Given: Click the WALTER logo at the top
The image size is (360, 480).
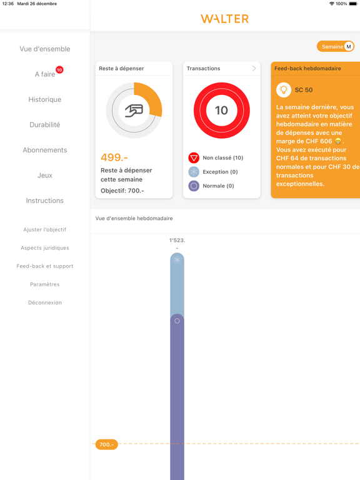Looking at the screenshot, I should click(x=224, y=19).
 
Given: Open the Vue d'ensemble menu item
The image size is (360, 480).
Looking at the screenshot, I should click(x=45, y=49).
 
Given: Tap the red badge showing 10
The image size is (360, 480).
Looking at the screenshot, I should click(x=59, y=70).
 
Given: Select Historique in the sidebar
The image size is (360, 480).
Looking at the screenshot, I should click(x=45, y=99).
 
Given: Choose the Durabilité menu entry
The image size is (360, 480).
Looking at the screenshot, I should click(x=45, y=125).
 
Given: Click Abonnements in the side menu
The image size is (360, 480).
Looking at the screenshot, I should click(x=45, y=150).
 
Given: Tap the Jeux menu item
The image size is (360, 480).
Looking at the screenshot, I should click(x=45, y=176).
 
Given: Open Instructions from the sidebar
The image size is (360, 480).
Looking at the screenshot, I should click(x=45, y=201).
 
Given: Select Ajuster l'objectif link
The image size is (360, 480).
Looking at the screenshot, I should click(x=45, y=229).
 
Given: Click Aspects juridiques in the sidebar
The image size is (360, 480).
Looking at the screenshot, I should click(x=45, y=247).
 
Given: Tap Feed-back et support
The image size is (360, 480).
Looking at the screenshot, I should click(x=45, y=266).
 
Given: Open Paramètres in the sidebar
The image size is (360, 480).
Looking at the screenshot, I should click(x=45, y=284).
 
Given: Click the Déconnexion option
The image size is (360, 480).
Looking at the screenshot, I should click(x=45, y=302).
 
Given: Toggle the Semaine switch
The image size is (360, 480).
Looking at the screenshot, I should click(x=336, y=46).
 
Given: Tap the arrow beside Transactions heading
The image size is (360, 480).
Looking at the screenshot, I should click(x=254, y=68).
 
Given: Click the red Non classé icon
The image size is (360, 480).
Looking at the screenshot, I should click(x=194, y=158).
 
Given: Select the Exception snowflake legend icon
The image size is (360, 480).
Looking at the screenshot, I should click(x=194, y=172).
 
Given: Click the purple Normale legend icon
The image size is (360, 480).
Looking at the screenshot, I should click(x=194, y=186).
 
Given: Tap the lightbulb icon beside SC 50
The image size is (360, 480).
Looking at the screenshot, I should click(x=284, y=90).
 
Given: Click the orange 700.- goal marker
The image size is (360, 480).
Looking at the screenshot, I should click(x=106, y=444).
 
